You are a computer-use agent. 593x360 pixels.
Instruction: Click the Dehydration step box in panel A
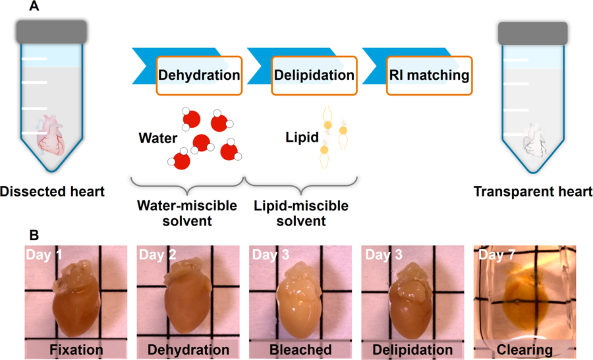(199, 75)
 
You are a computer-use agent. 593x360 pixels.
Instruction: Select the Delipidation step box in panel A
(314, 75)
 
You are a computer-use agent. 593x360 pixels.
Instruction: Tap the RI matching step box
(429, 75)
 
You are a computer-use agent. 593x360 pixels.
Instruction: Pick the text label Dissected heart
(52, 192)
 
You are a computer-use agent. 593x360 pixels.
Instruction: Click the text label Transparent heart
(533, 192)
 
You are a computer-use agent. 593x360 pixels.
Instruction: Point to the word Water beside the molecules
(157, 139)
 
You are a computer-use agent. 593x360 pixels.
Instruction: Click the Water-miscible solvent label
(186, 213)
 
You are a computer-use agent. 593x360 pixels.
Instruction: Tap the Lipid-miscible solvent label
(300, 213)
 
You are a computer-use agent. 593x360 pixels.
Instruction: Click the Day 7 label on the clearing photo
(493, 255)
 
